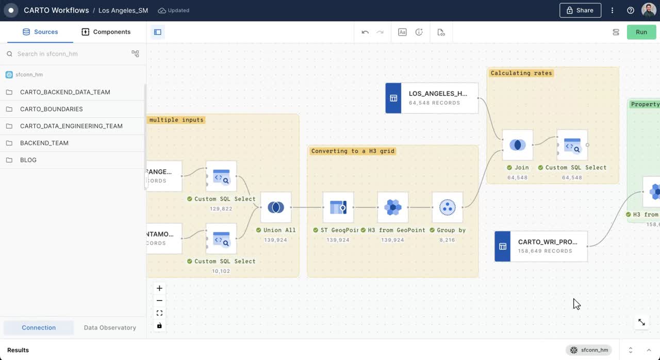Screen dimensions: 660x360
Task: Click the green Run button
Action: pos(641,32)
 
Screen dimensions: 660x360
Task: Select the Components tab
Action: pos(106,32)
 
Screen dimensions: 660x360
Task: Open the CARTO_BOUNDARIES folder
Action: pos(52,109)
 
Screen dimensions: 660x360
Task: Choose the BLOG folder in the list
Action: pos(28,160)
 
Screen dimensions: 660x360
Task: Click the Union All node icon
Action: pos(276,207)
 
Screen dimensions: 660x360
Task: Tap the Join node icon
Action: pos(518,145)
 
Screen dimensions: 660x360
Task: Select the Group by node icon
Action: pos(447,207)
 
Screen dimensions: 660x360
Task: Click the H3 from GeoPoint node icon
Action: pos(393,207)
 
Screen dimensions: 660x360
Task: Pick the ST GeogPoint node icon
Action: pos(338,207)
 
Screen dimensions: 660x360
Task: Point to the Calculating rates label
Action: pos(521,73)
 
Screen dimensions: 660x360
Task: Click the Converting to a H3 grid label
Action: pos(353,151)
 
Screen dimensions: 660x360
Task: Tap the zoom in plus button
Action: pos(159,288)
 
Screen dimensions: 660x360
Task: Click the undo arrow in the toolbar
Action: pos(365,32)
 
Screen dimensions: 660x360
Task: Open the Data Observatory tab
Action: pos(110,328)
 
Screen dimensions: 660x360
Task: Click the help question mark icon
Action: pos(631,10)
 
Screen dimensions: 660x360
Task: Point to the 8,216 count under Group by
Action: pos(447,240)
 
